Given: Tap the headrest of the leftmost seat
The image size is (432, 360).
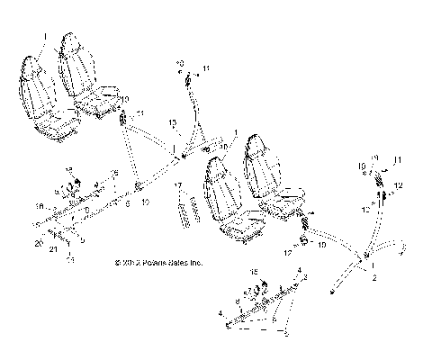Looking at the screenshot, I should [31, 67].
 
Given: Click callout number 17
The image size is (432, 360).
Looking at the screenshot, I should [178, 185].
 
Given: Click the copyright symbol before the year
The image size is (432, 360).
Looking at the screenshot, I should [118, 263].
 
